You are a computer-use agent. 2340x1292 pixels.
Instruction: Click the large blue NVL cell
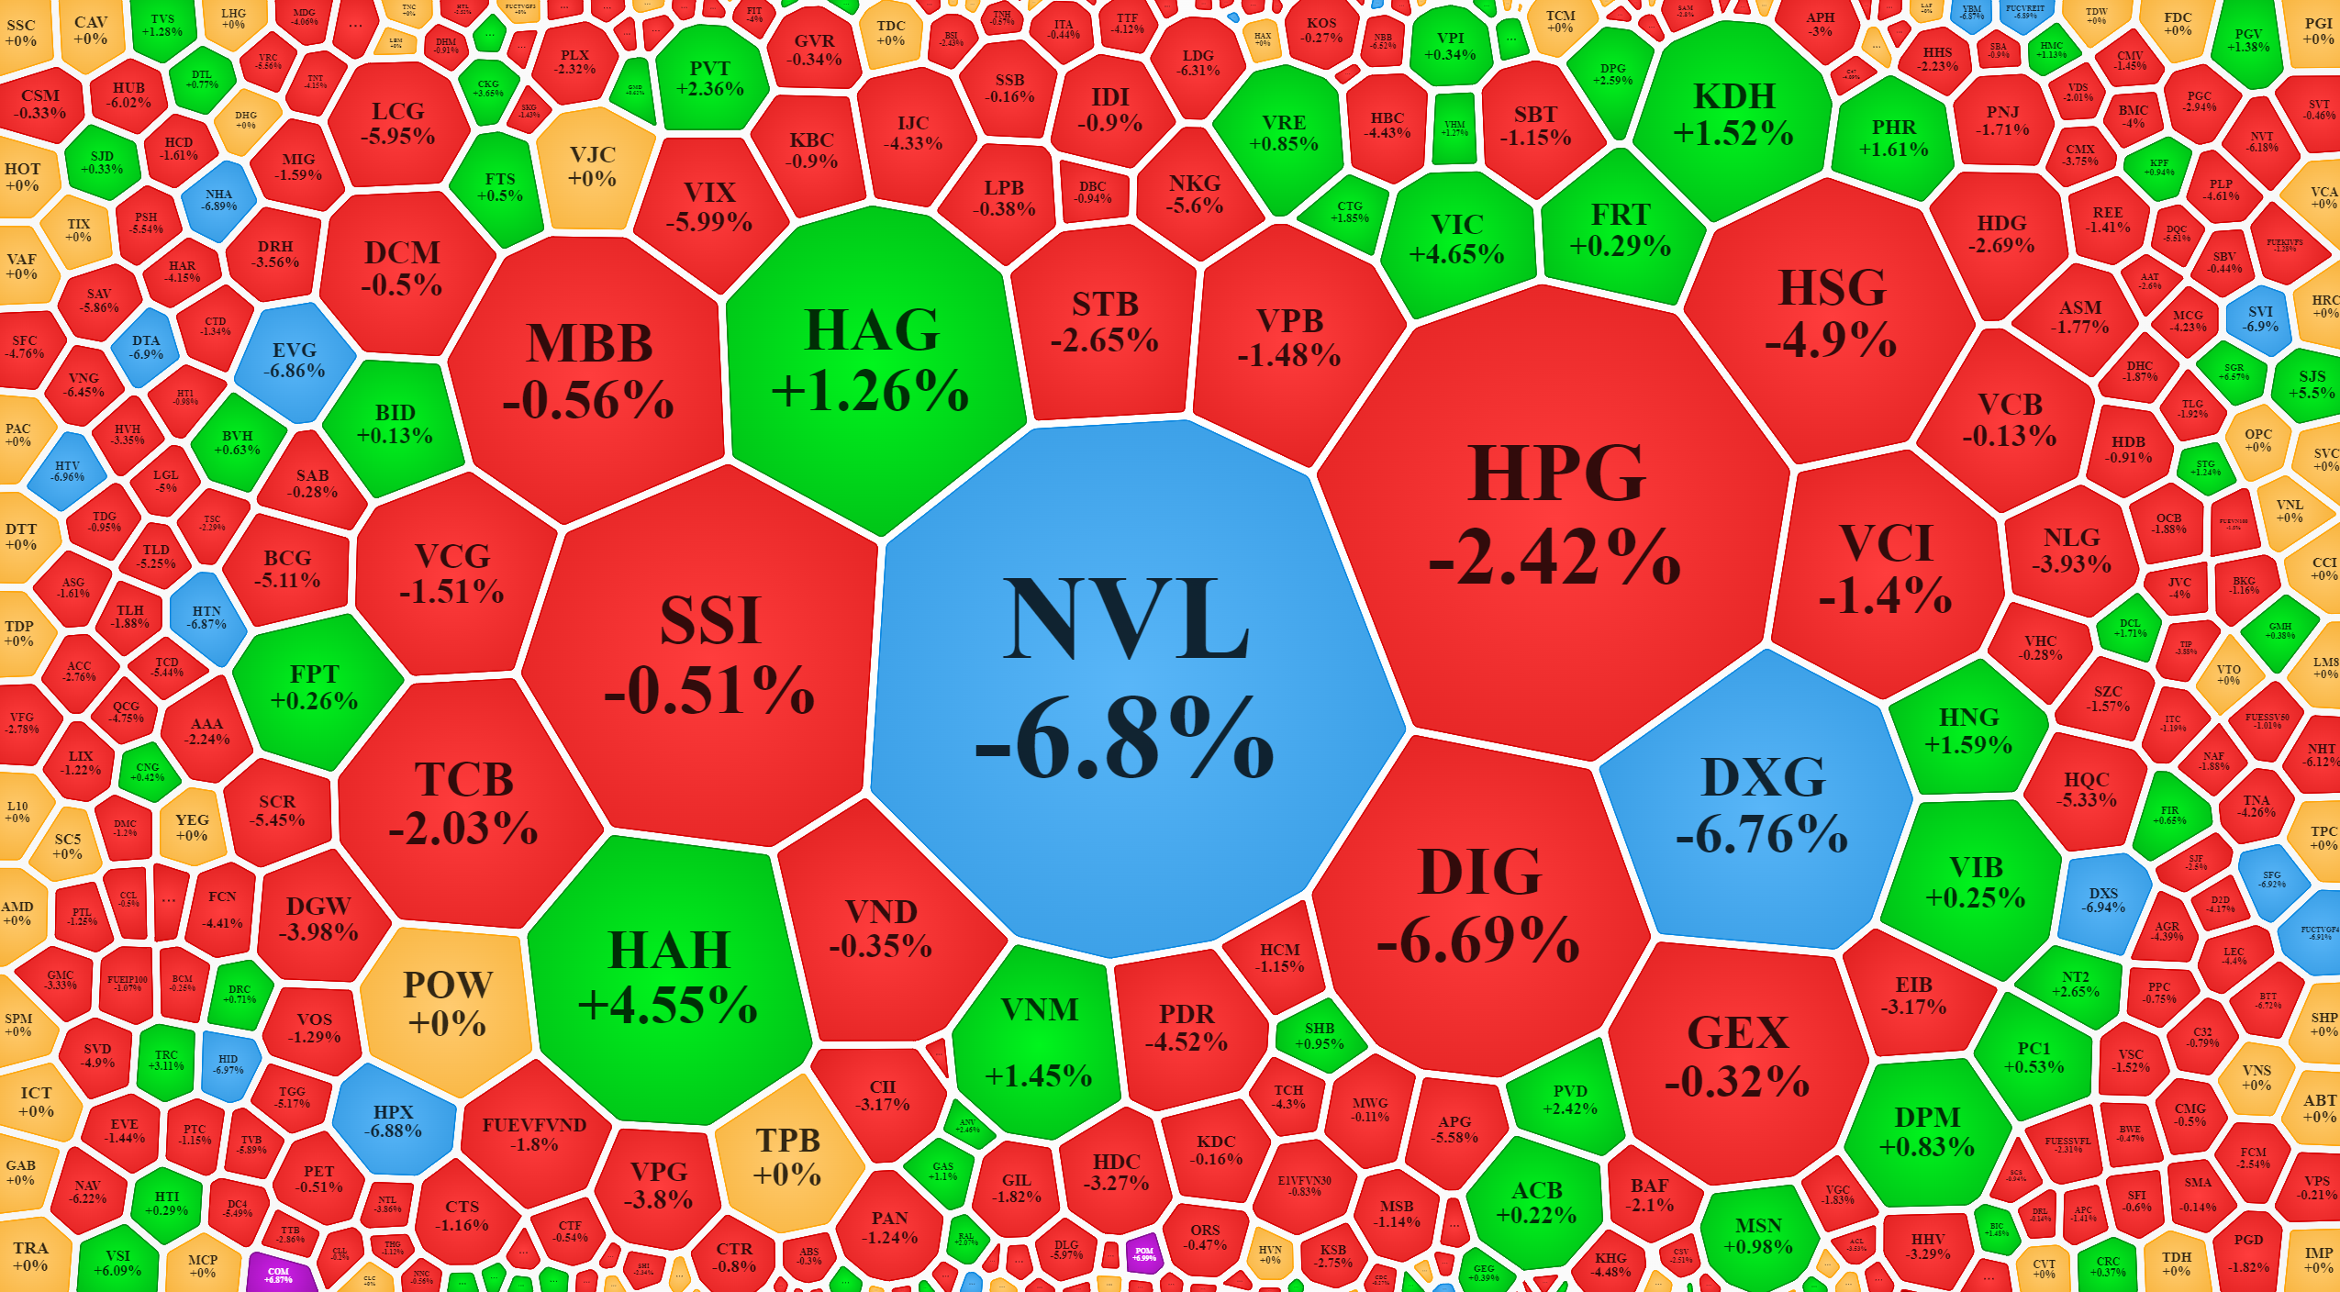coord(1127,679)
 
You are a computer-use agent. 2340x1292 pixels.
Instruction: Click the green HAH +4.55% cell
coord(668,976)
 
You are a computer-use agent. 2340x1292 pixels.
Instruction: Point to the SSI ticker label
coord(710,620)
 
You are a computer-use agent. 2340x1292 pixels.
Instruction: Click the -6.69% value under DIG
coord(1477,941)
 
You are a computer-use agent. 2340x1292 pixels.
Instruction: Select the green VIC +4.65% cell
coord(1456,239)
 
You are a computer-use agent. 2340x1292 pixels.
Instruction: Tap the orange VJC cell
coord(592,166)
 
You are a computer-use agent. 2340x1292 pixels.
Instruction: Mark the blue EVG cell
coord(295,361)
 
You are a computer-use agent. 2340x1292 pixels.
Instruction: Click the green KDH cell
coord(1733,116)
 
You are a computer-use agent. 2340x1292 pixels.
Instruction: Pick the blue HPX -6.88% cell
coord(394,1120)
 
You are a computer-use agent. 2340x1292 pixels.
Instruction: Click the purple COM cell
coord(278,1275)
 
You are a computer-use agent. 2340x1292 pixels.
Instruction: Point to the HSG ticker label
coord(1832,287)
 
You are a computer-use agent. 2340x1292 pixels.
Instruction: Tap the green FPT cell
coord(314,686)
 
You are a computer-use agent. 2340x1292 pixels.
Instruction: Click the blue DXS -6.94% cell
coord(2103,899)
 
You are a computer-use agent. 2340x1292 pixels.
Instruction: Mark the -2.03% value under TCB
coord(463,830)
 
